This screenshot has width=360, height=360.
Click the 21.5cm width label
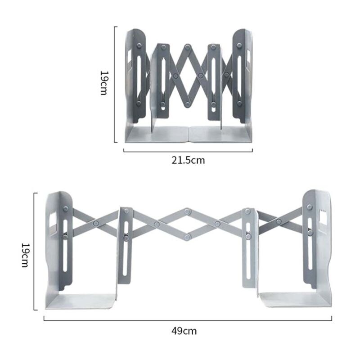(188, 160)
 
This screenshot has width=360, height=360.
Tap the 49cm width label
(184, 331)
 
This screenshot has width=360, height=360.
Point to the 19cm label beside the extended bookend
(26, 255)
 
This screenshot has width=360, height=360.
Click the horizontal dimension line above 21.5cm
(188, 151)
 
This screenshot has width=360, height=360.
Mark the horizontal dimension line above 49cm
(188, 320)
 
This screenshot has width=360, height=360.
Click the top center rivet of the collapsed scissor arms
(188, 46)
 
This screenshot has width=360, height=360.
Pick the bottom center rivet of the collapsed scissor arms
(188, 104)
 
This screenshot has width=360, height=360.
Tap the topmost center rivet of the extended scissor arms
(187, 211)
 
